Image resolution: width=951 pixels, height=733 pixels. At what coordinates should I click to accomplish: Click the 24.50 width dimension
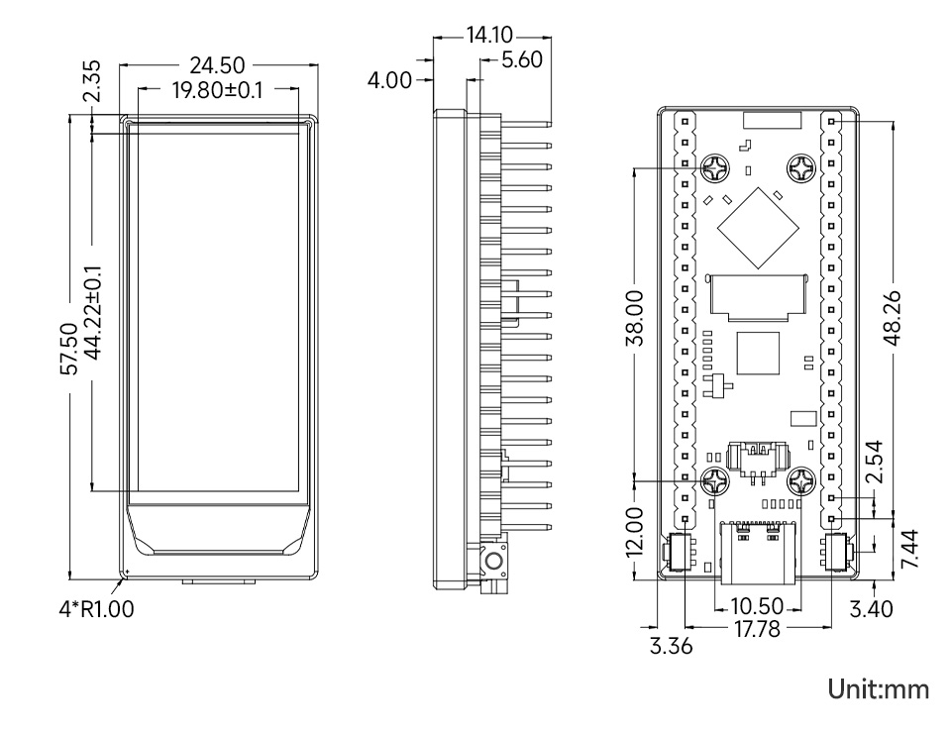(217, 65)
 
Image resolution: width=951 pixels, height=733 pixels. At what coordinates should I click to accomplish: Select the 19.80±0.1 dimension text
(217, 90)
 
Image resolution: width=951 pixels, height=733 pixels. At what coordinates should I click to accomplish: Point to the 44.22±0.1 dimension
(93, 312)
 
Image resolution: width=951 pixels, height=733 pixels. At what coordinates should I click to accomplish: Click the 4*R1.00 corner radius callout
(96, 609)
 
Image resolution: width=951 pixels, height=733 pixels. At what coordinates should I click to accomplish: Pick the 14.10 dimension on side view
(489, 35)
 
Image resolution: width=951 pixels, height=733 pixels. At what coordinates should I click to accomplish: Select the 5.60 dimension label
(522, 60)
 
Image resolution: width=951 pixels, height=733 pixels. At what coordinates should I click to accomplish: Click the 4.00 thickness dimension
(389, 80)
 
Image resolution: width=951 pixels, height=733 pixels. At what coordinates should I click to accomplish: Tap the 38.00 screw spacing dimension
(634, 318)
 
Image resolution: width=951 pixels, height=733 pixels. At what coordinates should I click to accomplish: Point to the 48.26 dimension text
(893, 318)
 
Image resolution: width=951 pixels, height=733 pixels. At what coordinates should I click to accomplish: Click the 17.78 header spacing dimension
(758, 629)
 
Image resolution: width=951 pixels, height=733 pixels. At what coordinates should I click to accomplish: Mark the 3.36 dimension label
(671, 646)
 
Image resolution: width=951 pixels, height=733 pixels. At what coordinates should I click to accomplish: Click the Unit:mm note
(879, 689)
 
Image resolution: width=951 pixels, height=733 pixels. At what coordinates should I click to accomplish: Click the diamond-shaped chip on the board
(757, 228)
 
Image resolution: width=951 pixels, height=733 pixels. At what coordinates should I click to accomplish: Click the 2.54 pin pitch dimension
(874, 462)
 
